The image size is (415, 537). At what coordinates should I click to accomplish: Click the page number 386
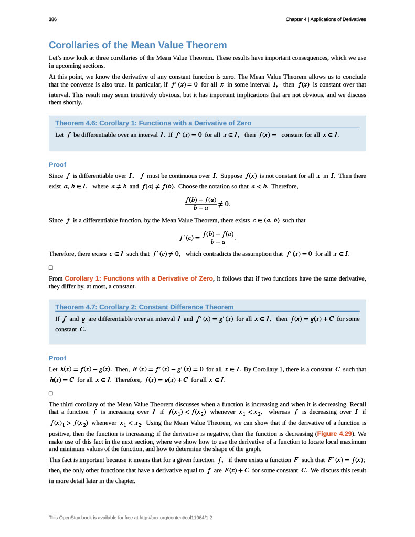(52, 19)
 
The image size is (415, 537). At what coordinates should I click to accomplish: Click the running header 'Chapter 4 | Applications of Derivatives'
(325, 19)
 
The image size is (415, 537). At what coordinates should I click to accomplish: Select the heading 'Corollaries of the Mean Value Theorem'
(137, 45)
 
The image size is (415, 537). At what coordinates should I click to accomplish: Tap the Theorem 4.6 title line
(153, 123)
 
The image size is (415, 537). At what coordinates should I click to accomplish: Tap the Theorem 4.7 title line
(144, 307)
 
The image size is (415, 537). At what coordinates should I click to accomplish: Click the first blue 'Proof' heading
(57, 164)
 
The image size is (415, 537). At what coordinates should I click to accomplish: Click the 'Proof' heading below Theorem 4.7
(57, 358)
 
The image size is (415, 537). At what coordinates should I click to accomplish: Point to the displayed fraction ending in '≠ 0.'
(207, 203)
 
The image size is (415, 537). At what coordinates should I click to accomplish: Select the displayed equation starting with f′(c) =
(207, 238)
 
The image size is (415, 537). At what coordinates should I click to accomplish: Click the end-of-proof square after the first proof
(51, 267)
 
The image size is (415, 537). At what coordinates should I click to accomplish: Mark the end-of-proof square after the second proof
(51, 393)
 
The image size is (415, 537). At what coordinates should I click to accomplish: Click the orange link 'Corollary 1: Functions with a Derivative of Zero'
(139, 278)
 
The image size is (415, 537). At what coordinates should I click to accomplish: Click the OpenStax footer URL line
(131, 518)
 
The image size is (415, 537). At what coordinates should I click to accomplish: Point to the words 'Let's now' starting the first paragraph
(62, 57)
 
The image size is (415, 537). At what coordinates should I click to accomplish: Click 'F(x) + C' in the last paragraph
(233, 470)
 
